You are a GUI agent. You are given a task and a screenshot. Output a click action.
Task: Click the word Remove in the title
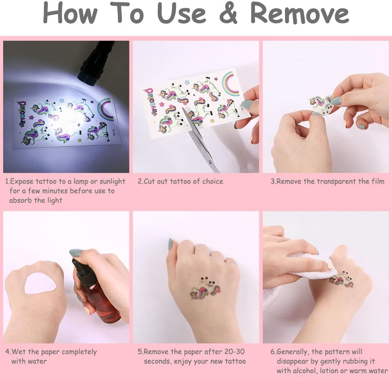(x=299, y=14)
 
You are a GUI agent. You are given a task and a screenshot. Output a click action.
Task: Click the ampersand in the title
(x=228, y=14)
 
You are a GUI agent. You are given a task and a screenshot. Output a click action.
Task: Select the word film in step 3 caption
(x=378, y=181)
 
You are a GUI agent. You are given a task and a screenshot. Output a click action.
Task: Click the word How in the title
(x=71, y=14)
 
